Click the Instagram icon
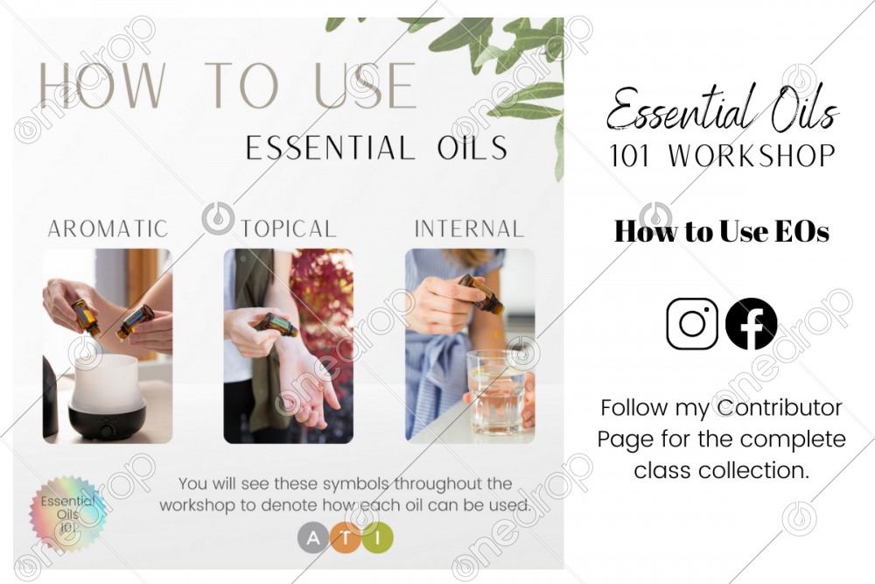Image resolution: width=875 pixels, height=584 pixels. [692, 324]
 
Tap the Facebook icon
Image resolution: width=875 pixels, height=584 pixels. [751, 324]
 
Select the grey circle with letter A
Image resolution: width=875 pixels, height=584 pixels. [313, 538]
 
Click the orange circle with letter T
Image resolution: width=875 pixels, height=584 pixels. [346, 538]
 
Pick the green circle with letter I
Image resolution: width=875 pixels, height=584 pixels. [378, 538]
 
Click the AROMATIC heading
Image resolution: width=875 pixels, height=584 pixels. [108, 229]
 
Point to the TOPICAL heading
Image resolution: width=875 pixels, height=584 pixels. [289, 229]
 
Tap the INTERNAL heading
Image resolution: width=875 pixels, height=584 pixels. [469, 229]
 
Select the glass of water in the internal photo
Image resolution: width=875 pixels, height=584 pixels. [495, 392]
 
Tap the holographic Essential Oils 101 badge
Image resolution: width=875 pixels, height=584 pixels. [68, 513]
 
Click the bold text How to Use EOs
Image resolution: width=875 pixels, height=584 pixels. [722, 231]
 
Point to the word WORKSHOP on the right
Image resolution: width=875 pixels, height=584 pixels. [752, 156]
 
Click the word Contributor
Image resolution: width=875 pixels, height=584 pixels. [780, 407]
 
